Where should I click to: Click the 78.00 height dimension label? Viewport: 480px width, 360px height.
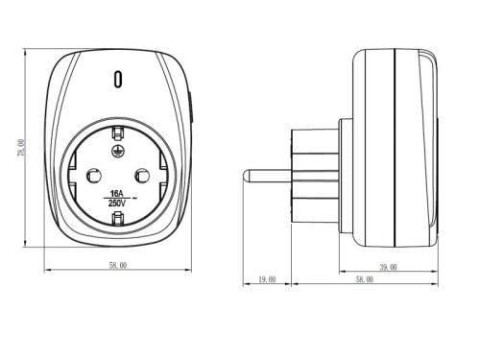pos(21,148)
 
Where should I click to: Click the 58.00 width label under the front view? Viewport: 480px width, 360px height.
pos(118,265)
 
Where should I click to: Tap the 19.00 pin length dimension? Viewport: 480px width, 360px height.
pos(267,279)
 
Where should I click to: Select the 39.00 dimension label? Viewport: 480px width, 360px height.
pos(388,267)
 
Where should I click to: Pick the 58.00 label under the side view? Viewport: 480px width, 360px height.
pos(365,279)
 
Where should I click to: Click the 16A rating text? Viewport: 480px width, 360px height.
pos(116,194)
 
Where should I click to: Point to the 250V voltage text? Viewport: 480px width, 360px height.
pos(117,203)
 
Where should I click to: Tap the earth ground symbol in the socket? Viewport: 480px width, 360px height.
pos(116,151)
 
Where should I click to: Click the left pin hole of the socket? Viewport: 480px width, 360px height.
pos(94,176)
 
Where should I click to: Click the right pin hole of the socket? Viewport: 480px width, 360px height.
pos(142,176)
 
